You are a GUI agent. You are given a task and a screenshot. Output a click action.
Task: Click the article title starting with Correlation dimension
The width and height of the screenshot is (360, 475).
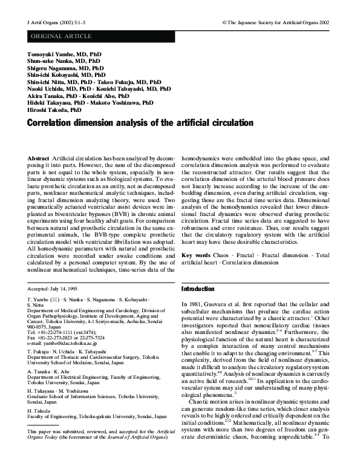[x=140, y=124]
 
